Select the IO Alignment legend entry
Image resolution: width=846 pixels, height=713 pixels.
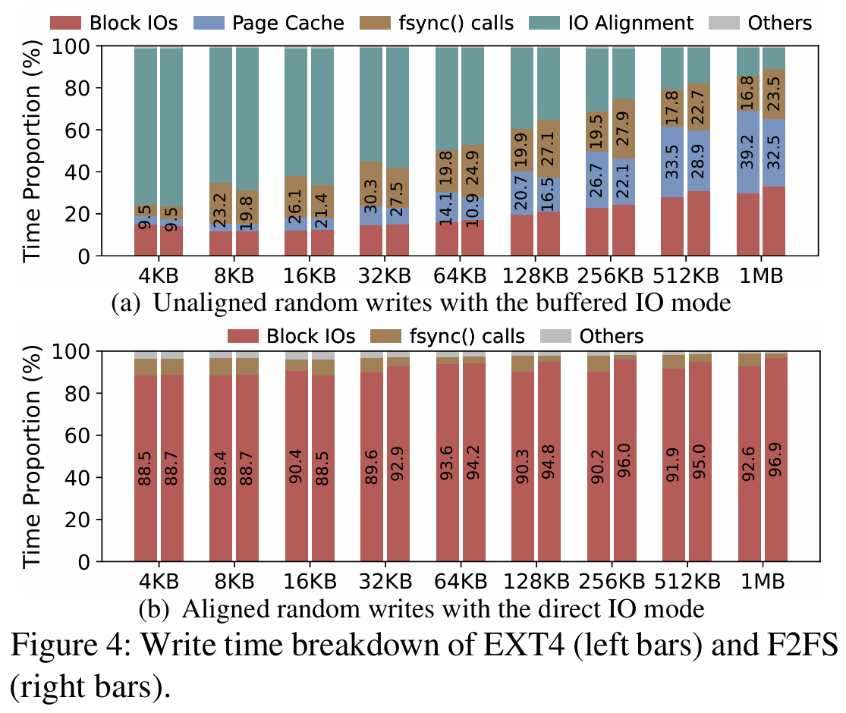(x=611, y=24)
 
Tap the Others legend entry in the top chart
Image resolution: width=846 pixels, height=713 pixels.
(x=760, y=24)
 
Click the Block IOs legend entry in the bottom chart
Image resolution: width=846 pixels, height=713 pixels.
(x=291, y=336)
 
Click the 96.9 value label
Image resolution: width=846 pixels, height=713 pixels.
(x=775, y=460)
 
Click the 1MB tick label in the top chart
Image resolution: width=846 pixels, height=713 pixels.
(x=761, y=275)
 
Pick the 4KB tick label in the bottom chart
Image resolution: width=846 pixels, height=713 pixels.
(x=159, y=582)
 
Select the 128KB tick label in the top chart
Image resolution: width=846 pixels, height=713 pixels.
(x=535, y=275)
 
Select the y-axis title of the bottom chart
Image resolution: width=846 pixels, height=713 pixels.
(x=32, y=457)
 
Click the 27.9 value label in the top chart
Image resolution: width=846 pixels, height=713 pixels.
(x=623, y=128)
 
